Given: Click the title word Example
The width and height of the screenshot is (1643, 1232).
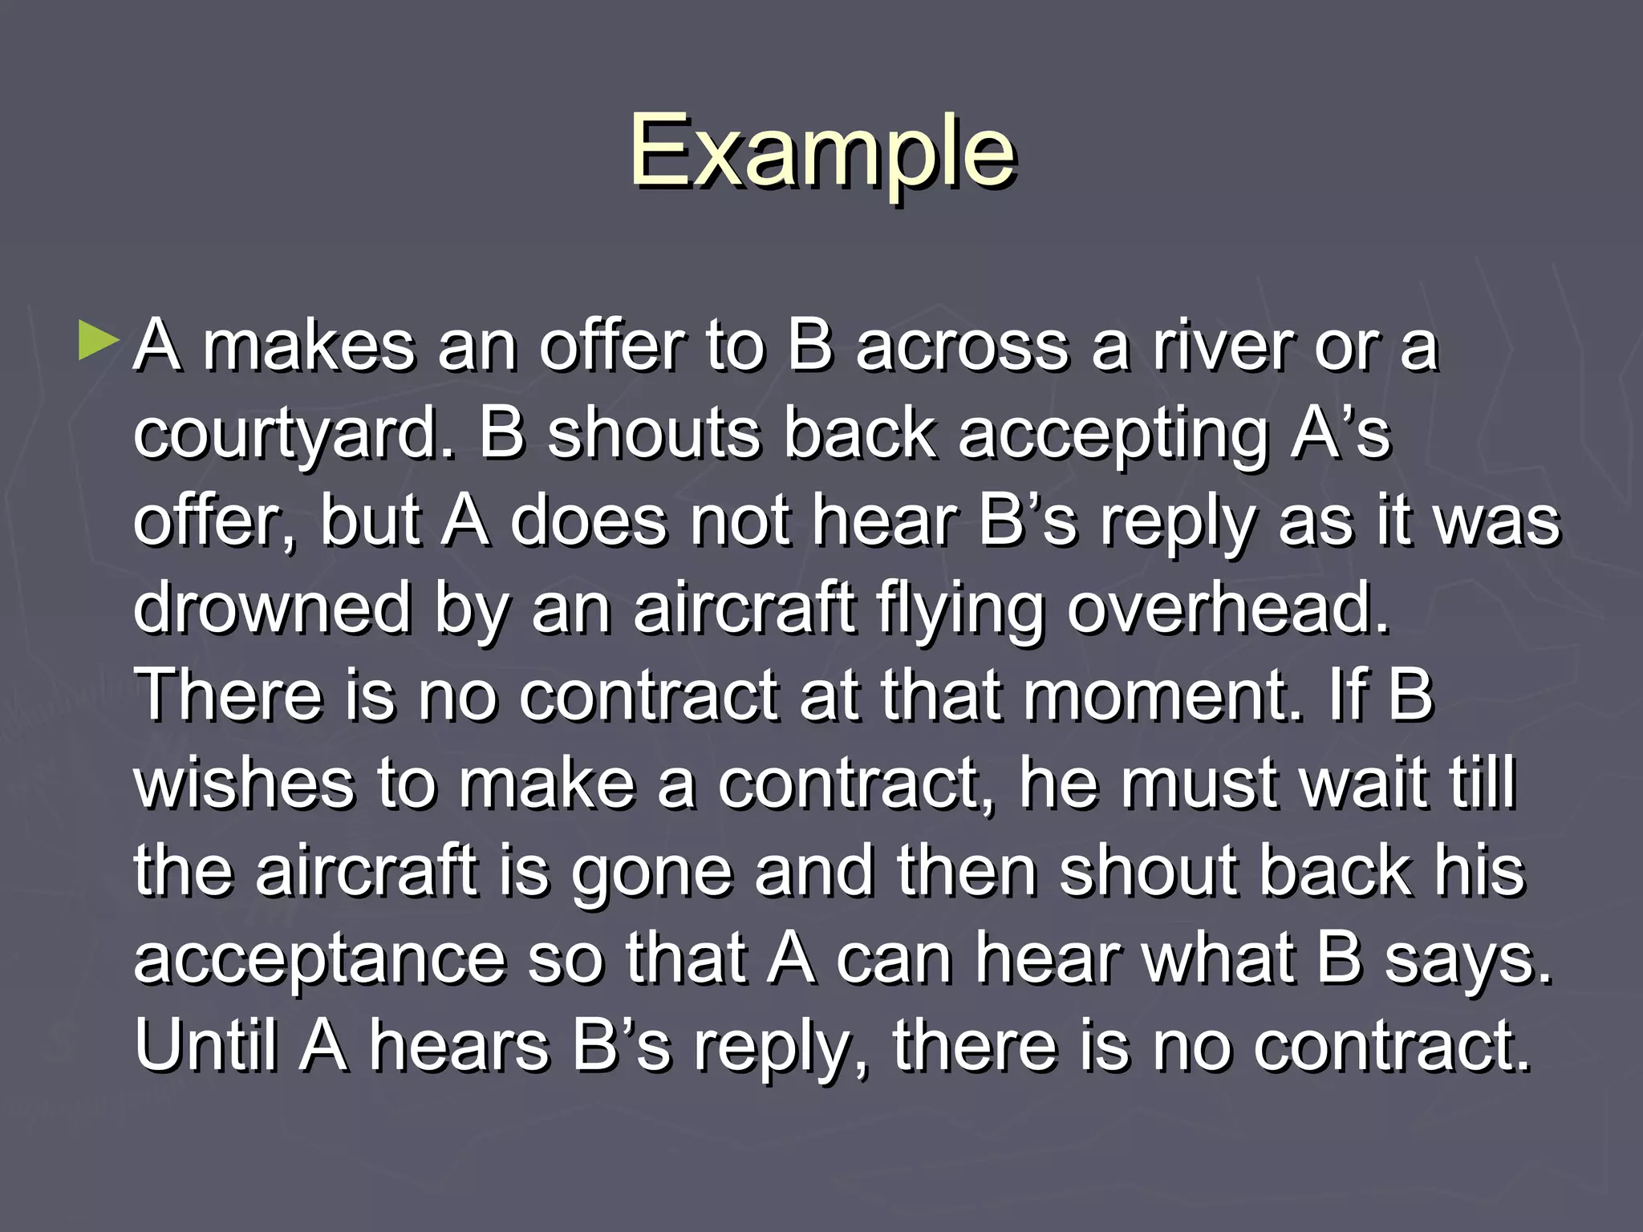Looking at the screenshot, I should [822, 152].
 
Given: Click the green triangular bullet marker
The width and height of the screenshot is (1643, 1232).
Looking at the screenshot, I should [98, 340].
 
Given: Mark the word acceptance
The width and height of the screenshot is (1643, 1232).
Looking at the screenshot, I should [320, 959].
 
